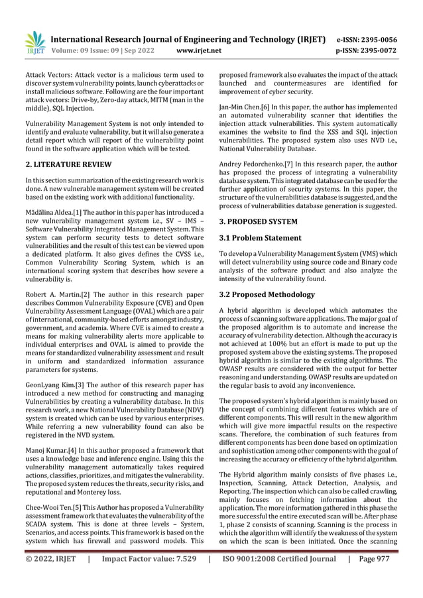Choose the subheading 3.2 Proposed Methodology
[x=267, y=294]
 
